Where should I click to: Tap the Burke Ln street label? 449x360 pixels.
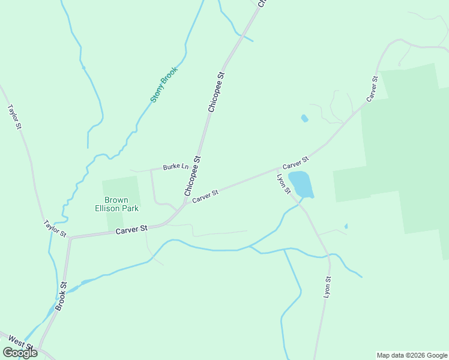176,167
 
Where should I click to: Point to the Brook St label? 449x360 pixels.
61,296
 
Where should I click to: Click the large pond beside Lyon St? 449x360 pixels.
301,184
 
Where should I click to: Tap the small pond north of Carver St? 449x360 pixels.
304,119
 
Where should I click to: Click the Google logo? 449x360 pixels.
20,353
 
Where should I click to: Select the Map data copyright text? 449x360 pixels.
412,355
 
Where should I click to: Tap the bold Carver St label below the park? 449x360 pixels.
131,229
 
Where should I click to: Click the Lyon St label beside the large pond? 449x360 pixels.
283,184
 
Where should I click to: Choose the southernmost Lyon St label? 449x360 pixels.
327,287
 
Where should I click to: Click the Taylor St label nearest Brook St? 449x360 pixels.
54,228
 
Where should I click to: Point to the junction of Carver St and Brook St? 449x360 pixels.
70,238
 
